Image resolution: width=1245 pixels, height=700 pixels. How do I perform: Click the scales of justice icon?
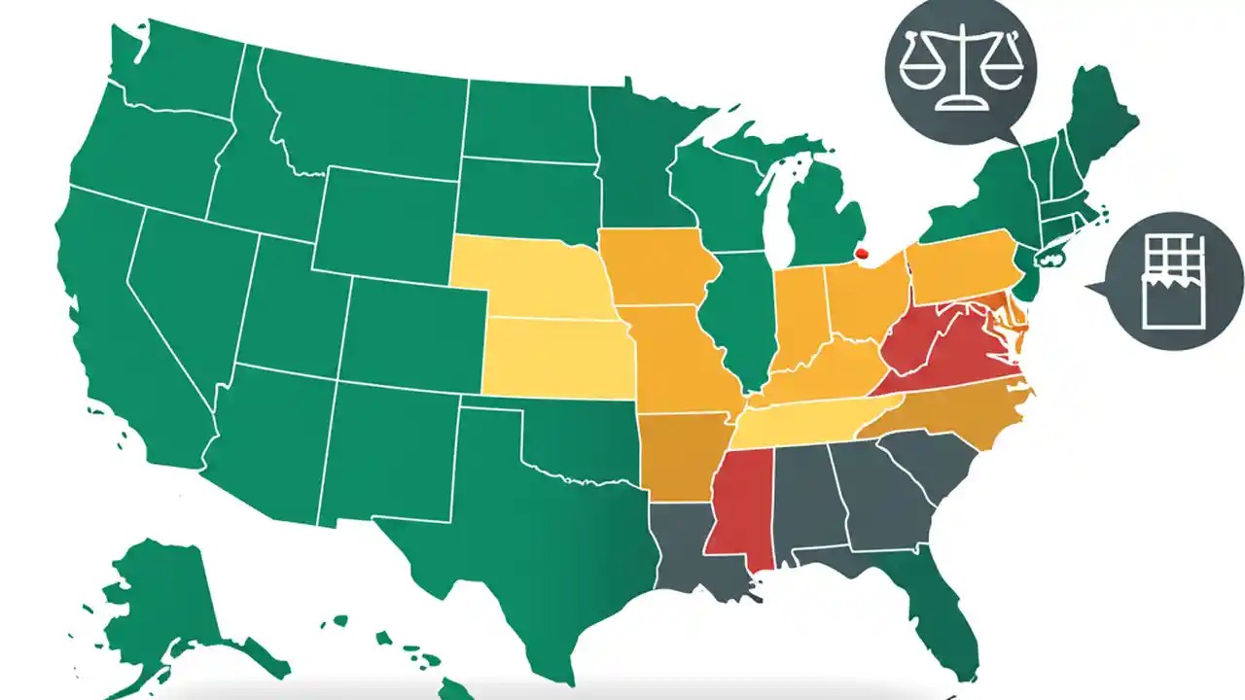click(961, 68)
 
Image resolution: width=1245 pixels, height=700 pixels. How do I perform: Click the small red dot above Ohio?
click(861, 255)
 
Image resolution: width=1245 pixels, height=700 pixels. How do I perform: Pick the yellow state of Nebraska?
click(535, 277)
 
